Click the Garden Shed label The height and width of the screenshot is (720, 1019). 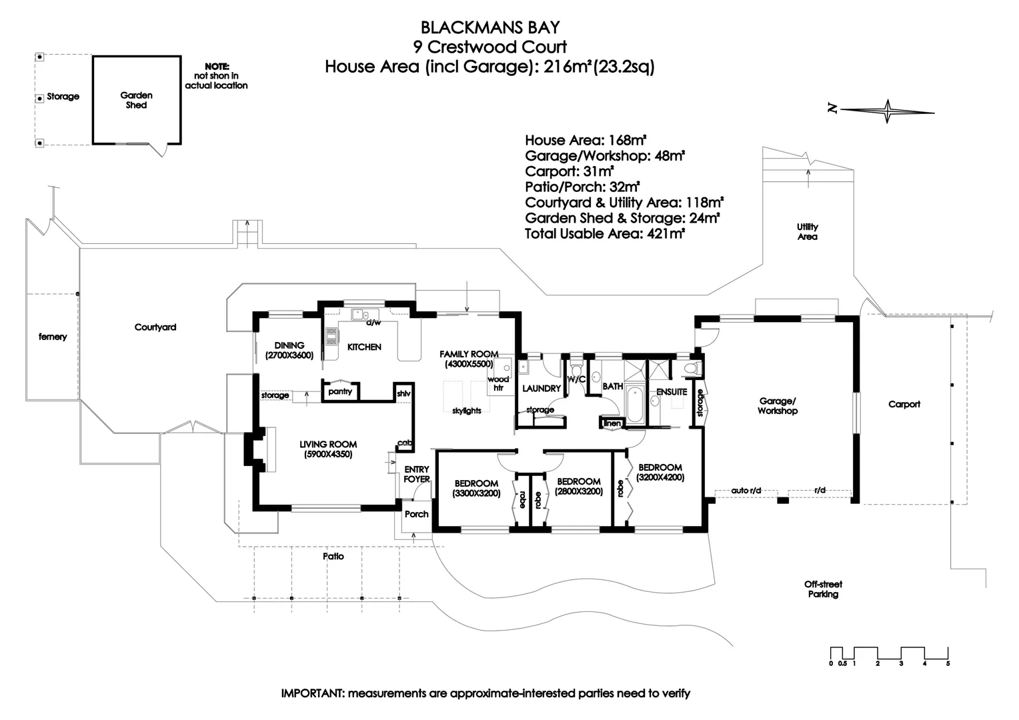pyautogui.click(x=136, y=100)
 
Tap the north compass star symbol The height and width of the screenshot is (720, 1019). pyautogui.click(x=888, y=111)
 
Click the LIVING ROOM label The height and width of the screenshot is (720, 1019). pyautogui.click(x=328, y=449)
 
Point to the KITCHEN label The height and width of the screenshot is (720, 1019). pyautogui.click(x=364, y=347)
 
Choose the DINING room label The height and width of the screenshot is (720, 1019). pyautogui.click(x=289, y=350)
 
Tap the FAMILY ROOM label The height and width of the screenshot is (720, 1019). pyautogui.click(x=469, y=359)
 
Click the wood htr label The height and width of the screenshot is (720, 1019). pyautogui.click(x=498, y=383)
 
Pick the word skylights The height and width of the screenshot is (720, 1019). pyautogui.click(x=467, y=411)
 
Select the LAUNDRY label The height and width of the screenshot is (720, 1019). pyautogui.click(x=541, y=388)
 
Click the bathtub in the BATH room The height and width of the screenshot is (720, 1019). pyautogui.click(x=634, y=405)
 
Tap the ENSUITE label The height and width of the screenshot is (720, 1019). pyautogui.click(x=672, y=392)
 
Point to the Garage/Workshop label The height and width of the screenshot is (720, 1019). pyautogui.click(x=777, y=406)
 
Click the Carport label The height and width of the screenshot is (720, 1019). pyautogui.click(x=904, y=404)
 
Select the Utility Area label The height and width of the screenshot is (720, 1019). pyautogui.click(x=807, y=231)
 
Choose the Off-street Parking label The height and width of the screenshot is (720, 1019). pyautogui.click(x=823, y=589)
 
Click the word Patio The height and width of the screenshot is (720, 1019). pyautogui.click(x=333, y=556)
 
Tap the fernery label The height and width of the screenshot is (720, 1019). pyautogui.click(x=53, y=337)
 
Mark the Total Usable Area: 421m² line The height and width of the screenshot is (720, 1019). pyautogui.click(x=605, y=234)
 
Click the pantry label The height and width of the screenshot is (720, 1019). pyautogui.click(x=340, y=391)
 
